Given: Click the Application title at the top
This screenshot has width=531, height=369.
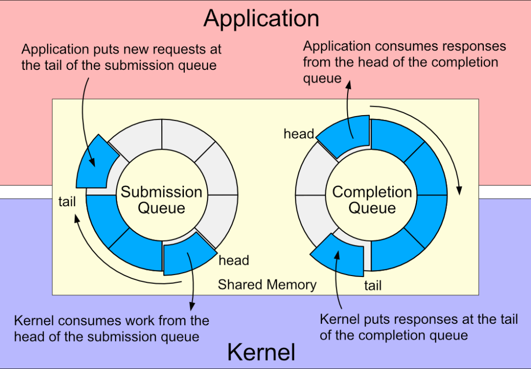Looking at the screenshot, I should click(x=261, y=19).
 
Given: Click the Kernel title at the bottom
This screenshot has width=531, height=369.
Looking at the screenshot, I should click(x=261, y=352).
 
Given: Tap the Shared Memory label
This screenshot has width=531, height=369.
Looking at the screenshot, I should click(x=267, y=284).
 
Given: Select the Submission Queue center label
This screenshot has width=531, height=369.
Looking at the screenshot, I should click(x=161, y=199).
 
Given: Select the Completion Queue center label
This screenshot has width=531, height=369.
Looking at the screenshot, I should click(x=372, y=199).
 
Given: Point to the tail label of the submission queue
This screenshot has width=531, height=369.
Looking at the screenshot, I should click(x=67, y=202).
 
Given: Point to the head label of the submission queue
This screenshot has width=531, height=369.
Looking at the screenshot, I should click(x=234, y=260).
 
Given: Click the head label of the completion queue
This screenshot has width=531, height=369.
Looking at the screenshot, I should click(x=298, y=134).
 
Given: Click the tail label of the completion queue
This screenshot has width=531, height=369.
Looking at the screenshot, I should click(x=373, y=285).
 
